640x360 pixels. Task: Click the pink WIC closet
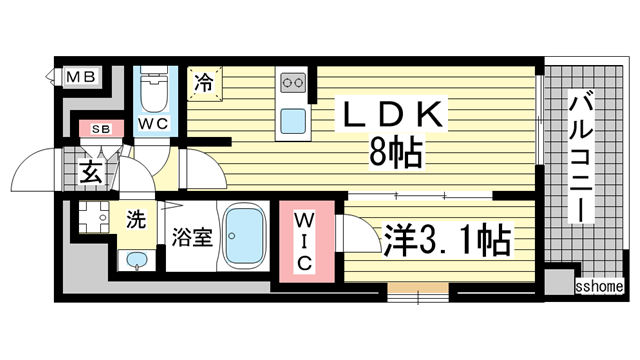click(306, 240)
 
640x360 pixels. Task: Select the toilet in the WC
click(154, 94)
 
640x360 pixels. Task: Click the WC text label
click(154, 124)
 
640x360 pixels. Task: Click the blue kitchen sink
click(295, 121)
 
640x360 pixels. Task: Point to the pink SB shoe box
click(101, 129)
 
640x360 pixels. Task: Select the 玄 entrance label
click(90, 171)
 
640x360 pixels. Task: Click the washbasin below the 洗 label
click(136, 261)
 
